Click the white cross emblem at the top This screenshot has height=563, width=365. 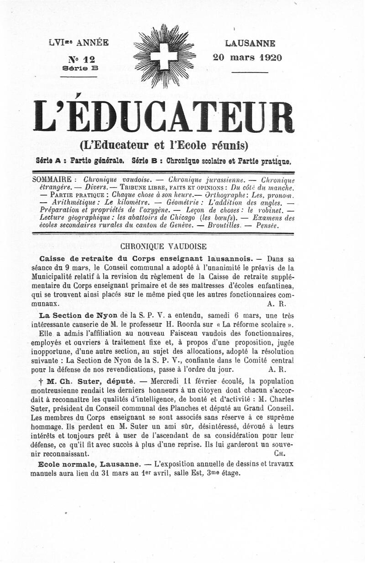tap(164, 57)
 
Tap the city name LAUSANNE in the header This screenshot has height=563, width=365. tap(250, 44)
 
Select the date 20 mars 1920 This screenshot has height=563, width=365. tap(247, 58)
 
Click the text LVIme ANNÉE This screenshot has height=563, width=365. tap(78, 43)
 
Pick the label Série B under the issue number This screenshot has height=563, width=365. tap(80, 68)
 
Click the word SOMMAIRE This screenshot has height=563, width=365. tap(52, 179)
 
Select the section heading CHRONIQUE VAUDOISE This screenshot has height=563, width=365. tap(163, 247)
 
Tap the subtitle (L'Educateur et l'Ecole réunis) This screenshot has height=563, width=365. tap(163, 146)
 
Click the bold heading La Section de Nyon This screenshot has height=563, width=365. tap(78, 315)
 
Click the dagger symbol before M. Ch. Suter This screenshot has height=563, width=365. tap(42, 381)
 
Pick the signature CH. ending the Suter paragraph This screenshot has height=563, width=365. tap(280, 454)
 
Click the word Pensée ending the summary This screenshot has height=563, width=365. tap(266, 226)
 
